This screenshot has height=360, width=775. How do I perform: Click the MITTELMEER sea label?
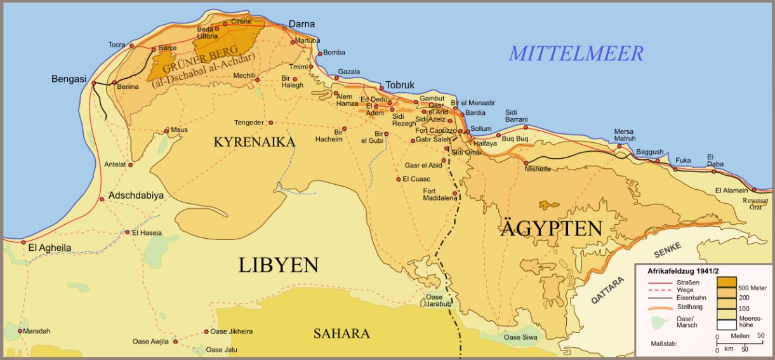coord(576,53)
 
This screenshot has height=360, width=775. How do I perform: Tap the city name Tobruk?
coord(400,85)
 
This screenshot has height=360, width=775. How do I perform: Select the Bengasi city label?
coord(69,79)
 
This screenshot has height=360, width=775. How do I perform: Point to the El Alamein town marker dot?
coord(755,190)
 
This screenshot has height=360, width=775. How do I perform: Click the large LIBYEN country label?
coord(278,265)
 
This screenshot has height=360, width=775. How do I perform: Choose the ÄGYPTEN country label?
coord(551,229)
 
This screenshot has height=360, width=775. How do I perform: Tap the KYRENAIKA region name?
coord(255,142)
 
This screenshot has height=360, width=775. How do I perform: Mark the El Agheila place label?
coord(50,248)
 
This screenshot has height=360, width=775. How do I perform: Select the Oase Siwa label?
coord(520,337)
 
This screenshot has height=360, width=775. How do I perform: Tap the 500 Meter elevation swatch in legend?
coord(727,282)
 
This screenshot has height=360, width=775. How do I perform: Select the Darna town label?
coord(301,24)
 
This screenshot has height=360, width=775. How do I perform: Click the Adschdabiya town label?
coord(136,196)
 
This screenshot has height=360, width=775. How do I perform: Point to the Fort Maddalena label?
coord(440,194)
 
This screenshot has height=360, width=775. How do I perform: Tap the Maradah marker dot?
coord(20,331)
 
